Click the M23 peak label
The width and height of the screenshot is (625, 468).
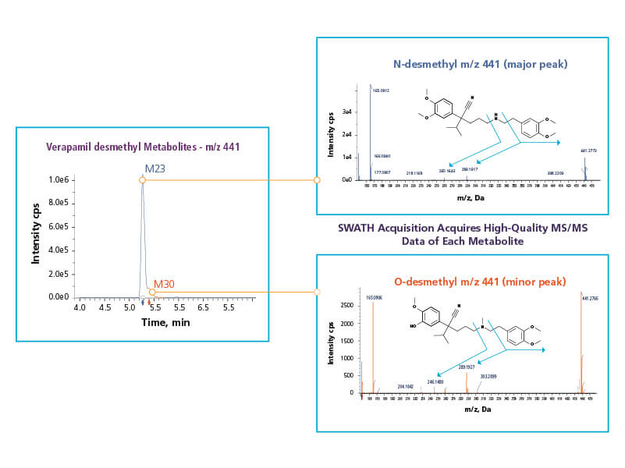point(154,168)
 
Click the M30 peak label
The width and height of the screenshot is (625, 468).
point(165,284)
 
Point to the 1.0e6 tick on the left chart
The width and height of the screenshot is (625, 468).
point(62,180)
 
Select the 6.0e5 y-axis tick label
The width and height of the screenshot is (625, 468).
point(62,227)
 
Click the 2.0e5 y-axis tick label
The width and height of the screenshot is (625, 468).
point(62,274)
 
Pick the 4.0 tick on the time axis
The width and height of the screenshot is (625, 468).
point(80,308)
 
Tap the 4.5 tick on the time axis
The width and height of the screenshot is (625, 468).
point(105,308)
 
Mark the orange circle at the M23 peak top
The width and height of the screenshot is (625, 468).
point(143,180)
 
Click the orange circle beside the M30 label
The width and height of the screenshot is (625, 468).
point(152,292)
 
